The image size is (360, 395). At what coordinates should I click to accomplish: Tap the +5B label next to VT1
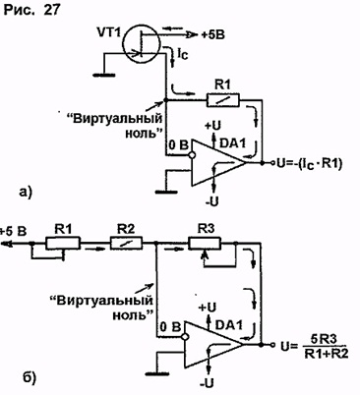pyautogui.click(x=212, y=34)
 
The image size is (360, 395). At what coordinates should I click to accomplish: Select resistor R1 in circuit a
pyautogui.click(x=223, y=99)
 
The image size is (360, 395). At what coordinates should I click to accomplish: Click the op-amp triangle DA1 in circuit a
pyautogui.click(x=218, y=162)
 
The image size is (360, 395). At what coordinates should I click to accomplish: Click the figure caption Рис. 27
pyautogui.click(x=32, y=10)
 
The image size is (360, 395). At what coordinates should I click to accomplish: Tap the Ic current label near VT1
pyautogui.click(x=183, y=55)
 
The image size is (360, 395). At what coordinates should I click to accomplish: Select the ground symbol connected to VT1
pyautogui.click(x=104, y=75)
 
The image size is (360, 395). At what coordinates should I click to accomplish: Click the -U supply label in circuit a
pyautogui.click(x=212, y=200)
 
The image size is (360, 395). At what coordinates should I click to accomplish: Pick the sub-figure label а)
pyautogui.click(x=26, y=192)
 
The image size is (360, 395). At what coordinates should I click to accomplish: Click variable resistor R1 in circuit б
pyautogui.click(x=63, y=244)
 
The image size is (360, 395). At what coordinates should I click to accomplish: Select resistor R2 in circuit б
pyautogui.click(x=126, y=244)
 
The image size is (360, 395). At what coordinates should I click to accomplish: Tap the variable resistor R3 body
pyautogui.click(x=205, y=243)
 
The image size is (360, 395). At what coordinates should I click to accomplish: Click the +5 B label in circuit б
pyautogui.click(x=13, y=231)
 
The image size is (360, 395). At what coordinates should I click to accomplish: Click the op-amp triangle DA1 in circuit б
pyautogui.click(x=213, y=344)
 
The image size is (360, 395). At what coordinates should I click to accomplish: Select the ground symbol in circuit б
pyautogui.click(x=155, y=372)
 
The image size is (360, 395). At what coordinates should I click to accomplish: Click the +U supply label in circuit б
pyautogui.click(x=208, y=308)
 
